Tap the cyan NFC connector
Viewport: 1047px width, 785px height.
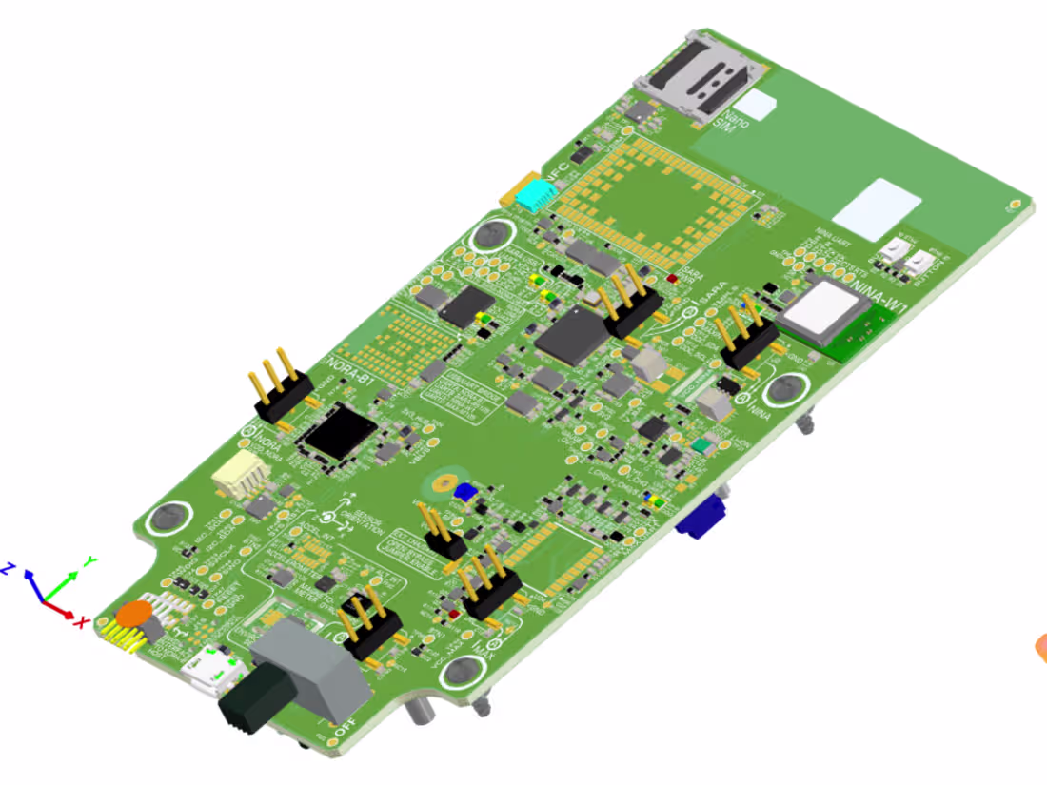pyautogui.click(x=536, y=194)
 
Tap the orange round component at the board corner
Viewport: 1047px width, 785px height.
pyautogui.click(x=134, y=614)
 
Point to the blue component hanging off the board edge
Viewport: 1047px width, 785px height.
pyautogui.click(x=702, y=519)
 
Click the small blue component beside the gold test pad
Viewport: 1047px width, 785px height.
pyautogui.click(x=465, y=492)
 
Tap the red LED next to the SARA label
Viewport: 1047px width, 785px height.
pyautogui.click(x=673, y=279)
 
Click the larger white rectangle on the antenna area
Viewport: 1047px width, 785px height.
pyautogui.click(x=876, y=208)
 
